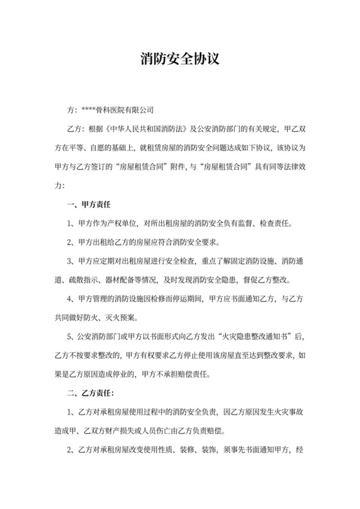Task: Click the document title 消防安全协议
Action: tap(180, 58)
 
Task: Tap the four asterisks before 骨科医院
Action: tap(89, 110)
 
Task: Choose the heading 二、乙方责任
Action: tap(91, 391)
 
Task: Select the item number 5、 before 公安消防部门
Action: tap(71, 336)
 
